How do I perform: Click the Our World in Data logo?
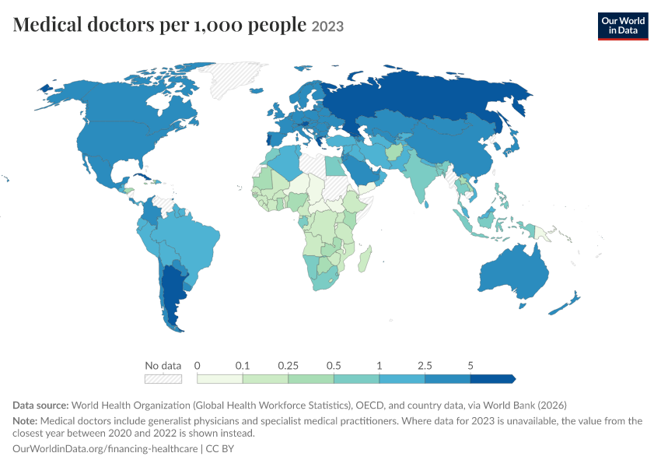pos(623,26)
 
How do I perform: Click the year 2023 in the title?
pos(327,26)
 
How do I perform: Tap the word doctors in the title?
pos(121,25)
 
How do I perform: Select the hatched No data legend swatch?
pos(163,379)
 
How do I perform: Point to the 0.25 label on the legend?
pos(288,365)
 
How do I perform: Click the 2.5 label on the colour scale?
pos(425,365)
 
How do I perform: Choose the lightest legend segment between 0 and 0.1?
pos(219,379)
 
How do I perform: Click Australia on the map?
pos(514,272)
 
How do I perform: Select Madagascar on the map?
pos(365,259)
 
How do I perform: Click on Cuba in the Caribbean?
pos(143,177)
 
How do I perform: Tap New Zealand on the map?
pos(565,303)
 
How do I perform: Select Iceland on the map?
pos(257,90)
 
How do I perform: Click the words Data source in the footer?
pos(40,406)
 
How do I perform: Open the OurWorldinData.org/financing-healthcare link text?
pos(105,448)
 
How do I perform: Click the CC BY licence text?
pos(219,448)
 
